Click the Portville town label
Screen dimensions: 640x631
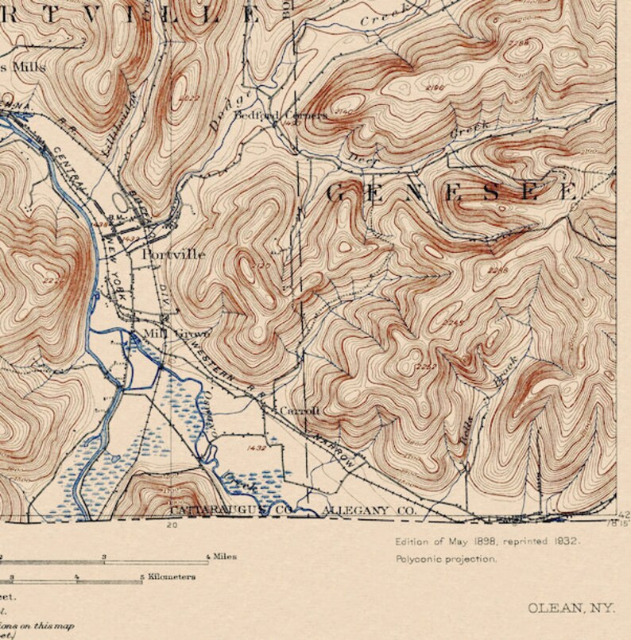point(173,254)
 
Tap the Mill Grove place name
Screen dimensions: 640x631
point(168,333)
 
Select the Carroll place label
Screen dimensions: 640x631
point(300,410)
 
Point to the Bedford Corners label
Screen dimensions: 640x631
point(280,115)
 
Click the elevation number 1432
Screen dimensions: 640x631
point(256,448)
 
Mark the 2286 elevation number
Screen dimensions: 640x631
point(498,270)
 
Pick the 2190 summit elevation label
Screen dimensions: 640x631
point(435,87)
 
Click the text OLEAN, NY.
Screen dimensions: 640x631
point(571,608)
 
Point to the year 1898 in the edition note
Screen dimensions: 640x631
point(466,541)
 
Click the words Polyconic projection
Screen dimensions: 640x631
point(447,559)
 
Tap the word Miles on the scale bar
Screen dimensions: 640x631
point(225,557)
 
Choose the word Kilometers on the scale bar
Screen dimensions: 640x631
point(172,577)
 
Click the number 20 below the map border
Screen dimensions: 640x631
point(171,526)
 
